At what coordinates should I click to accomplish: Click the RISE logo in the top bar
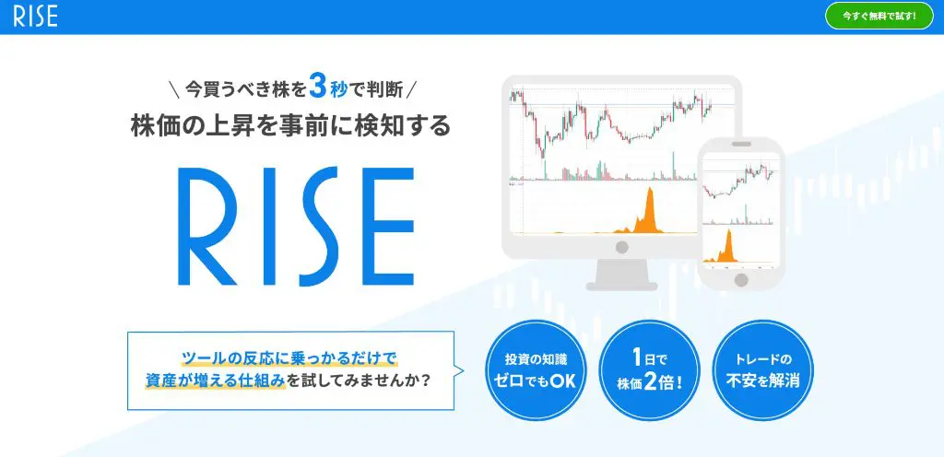click(x=36, y=17)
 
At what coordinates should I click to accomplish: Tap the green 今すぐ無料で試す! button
click(x=879, y=17)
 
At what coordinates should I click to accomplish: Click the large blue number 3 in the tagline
click(x=318, y=86)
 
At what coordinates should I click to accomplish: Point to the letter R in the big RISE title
click(x=206, y=226)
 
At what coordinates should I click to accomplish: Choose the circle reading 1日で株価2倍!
click(x=649, y=370)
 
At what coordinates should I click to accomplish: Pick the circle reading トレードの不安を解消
click(x=762, y=370)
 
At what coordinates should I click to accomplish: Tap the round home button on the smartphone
click(x=742, y=279)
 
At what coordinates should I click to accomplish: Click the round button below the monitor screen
click(x=622, y=247)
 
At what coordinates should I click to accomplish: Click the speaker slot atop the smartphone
click(x=742, y=144)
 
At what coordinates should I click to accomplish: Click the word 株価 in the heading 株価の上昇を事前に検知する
click(x=153, y=125)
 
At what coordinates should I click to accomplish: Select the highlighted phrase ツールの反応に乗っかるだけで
click(x=289, y=359)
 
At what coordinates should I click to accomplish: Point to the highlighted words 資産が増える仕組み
click(x=215, y=381)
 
